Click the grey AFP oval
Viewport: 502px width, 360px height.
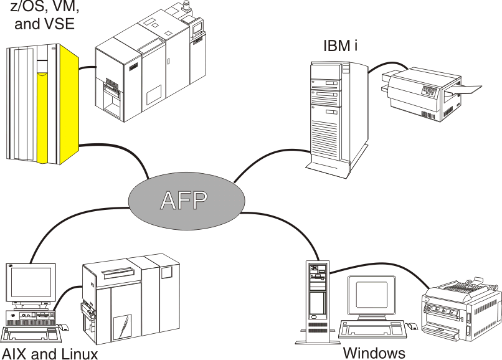[185, 199]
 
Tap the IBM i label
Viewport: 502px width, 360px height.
[340, 46]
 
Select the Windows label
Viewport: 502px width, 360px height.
[374, 352]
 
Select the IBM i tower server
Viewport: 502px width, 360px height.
[328, 115]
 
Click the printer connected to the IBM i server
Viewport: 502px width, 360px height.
[414, 93]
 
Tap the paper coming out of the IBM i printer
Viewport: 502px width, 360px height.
[470, 89]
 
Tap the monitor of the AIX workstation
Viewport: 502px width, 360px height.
[31, 283]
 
